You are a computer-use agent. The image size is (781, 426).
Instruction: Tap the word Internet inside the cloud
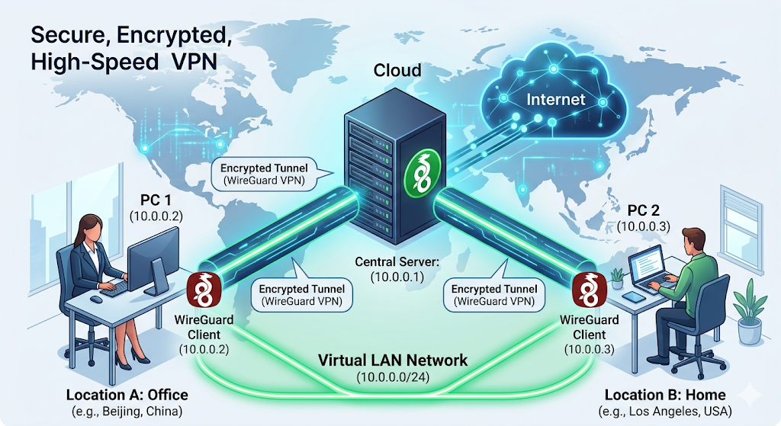(x=556, y=99)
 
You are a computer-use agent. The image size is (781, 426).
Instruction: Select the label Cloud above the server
(x=397, y=71)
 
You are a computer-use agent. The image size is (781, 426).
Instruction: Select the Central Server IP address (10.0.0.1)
(x=397, y=277)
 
